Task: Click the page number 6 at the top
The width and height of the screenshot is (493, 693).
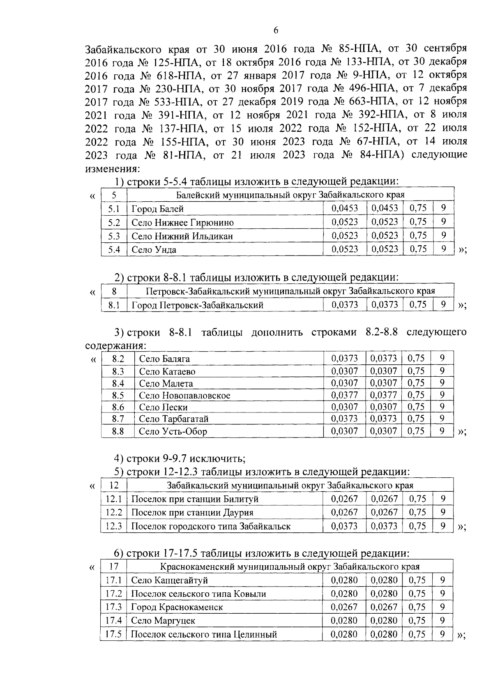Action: pos(276,30)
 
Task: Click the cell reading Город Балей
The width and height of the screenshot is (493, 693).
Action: pos(157,209)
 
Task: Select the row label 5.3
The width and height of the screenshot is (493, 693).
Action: pos(114,236)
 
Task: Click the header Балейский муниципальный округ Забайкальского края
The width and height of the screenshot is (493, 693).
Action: pos(290,195)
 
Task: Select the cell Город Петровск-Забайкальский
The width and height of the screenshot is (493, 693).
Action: pos(197,305)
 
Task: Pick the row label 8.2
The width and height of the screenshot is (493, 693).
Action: pos(118,359)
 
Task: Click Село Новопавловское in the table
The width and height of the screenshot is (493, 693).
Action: pos(184,396)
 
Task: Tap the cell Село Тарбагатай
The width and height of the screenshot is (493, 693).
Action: pos(174,419)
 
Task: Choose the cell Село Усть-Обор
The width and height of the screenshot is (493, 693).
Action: pos(173,431)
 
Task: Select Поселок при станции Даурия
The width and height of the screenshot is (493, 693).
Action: pos(192,513)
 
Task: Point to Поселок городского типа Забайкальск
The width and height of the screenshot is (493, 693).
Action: pos(211,526)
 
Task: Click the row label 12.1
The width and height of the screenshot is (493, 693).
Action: pos(114,499)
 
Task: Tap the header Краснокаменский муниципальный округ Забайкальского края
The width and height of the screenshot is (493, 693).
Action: pos(290,567)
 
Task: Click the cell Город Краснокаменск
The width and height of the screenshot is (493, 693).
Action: pos(177,607)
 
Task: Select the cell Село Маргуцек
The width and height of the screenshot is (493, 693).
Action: pos(163,621)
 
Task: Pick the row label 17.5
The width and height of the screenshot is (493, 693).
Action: pos(113,634)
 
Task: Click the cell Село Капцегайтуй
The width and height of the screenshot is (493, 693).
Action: pos(169,580)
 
